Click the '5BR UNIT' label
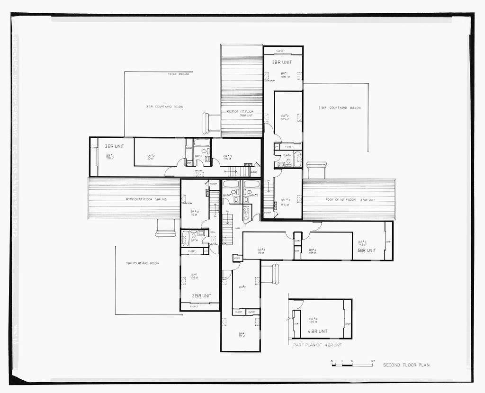[367, 250]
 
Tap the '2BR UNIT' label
[202, 295]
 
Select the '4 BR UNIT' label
[317, 331]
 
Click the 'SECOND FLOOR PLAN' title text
[406, 365]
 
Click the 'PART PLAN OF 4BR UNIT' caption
[317, 345]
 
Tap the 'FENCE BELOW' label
[179, 74]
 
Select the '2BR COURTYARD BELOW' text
[142, 263]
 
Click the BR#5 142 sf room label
[362, 243]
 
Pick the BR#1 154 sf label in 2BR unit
[194, 276]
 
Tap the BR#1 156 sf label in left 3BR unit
[110, 157]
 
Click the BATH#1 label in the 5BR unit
[228, 195]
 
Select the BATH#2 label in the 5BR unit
[253, 195]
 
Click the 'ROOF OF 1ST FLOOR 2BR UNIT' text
[146, 199]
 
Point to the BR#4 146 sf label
[313, 320]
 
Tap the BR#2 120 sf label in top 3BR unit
[285, 117]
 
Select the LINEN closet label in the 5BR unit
[237, 258]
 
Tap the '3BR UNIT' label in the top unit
[282, 62]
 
